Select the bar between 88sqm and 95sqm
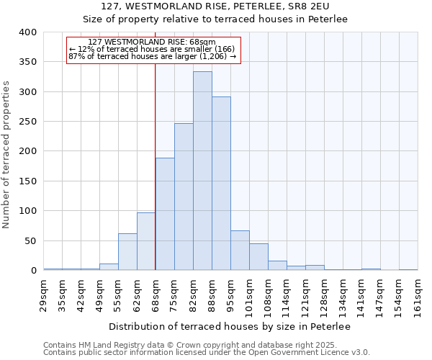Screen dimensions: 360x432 coord(221,184)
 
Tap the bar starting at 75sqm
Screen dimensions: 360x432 coord(184,197)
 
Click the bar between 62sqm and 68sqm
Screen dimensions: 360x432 coord(146,241)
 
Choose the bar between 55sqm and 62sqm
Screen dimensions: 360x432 coord(127,252)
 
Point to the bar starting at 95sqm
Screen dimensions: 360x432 coord(240,251)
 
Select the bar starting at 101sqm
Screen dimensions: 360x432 coord(258,257)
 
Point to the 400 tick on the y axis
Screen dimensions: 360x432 coord(28,32)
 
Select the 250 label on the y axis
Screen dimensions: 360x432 coord(28,122)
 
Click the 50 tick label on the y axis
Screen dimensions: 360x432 coord(30,241)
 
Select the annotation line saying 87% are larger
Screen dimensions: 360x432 coord(153,56)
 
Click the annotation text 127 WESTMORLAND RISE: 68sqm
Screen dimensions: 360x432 coord(153,42)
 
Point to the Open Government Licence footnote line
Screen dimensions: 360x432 coord(207,352)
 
